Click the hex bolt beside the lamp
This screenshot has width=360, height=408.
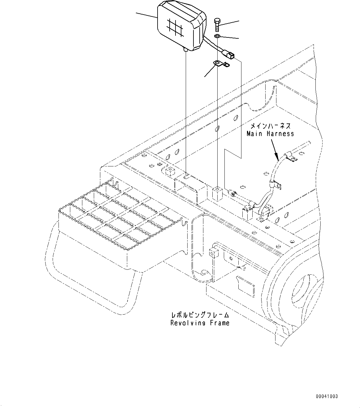coord(217,24)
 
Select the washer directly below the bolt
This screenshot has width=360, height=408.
coord(217,37)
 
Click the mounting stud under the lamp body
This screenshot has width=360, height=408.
coord(186,49)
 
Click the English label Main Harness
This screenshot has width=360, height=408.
coord(270,134)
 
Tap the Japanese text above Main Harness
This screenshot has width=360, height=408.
coord(270,126)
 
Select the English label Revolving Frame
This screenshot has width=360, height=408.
coord(200,323)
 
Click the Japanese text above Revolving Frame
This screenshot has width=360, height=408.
coord(200,315)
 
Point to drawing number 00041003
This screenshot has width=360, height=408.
coord(327,396)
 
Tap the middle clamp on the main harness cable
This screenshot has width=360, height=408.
coord(274,184)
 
